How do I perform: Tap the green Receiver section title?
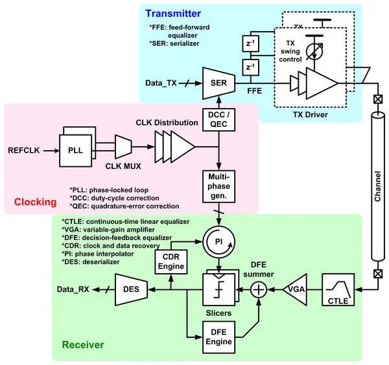coord(80,346)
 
